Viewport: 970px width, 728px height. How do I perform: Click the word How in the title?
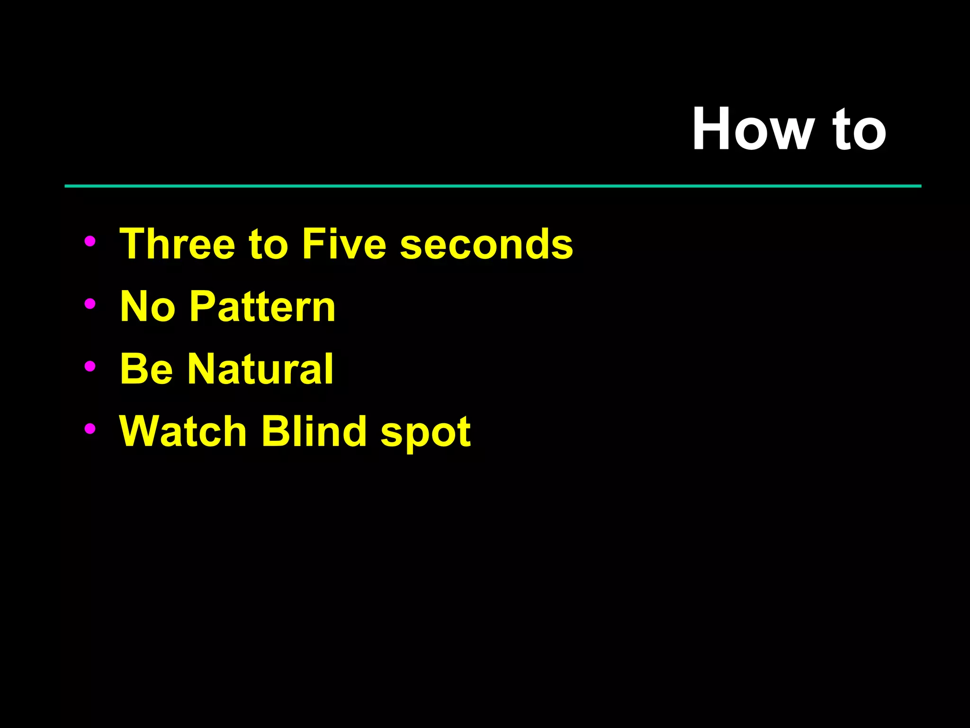coord(753,129)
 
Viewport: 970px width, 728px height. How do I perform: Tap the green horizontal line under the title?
coord(493,186)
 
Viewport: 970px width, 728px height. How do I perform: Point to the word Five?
coord(344,244)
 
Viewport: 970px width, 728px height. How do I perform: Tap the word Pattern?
coord(262,307)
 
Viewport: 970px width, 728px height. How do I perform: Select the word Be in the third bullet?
coord(147,369)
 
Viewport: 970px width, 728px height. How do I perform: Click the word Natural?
coord(260,369)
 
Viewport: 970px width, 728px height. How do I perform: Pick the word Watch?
coord(183,431)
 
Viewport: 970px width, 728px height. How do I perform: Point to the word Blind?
coord(314,431)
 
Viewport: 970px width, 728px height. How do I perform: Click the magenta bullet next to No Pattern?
coord(90,304)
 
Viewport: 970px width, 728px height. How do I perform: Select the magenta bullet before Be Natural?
coord(90,366)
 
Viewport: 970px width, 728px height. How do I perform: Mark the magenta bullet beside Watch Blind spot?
coord(90,428)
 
